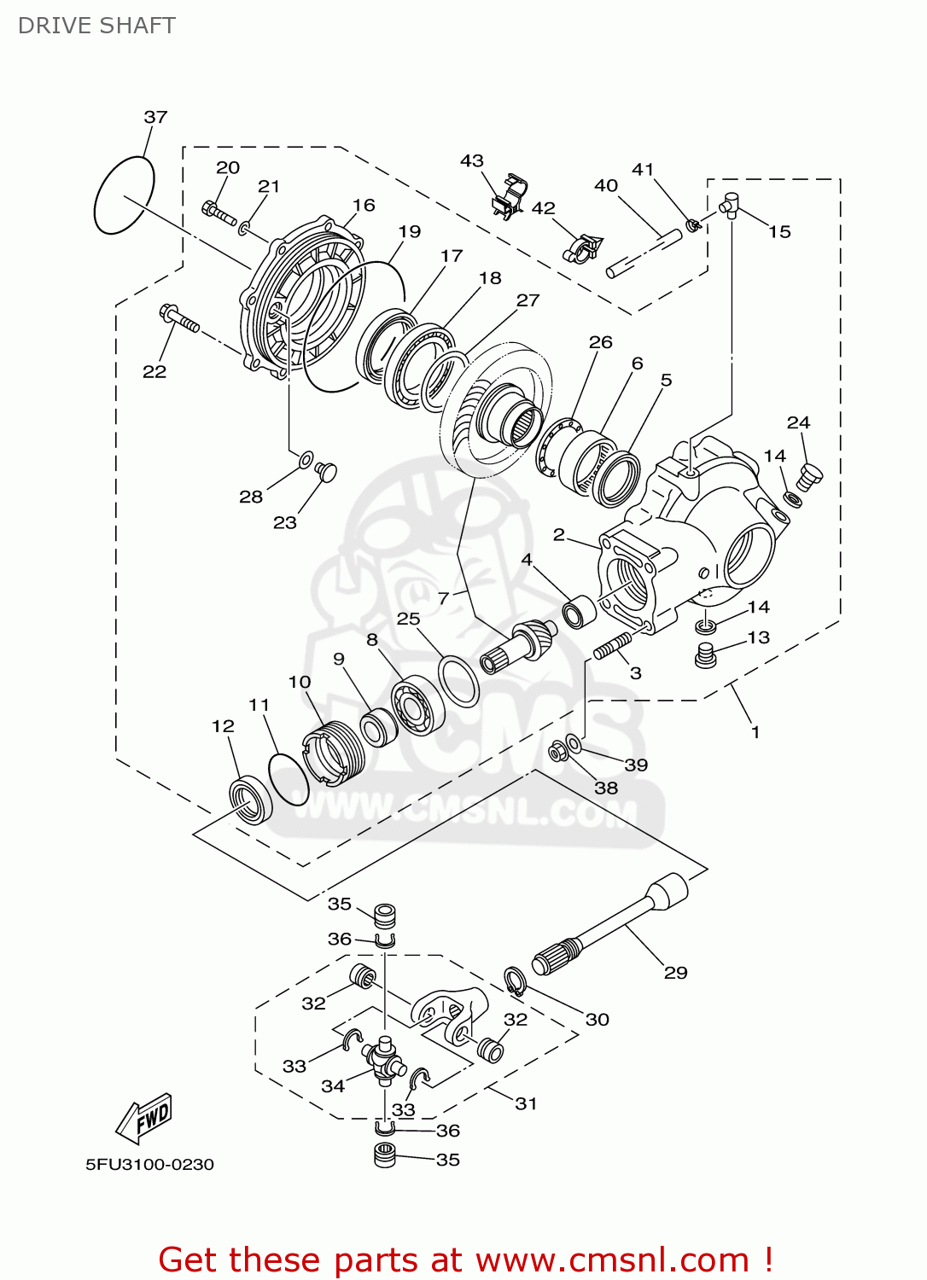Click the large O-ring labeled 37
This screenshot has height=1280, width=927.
click(123, 195)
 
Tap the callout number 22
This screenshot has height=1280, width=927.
click(154, 371)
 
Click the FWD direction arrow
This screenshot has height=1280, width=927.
click(146, 1117)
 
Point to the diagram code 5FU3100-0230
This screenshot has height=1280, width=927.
click(149, 1164)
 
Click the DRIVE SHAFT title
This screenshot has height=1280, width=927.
click(96, 26)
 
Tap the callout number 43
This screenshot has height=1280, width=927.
click(472, 160)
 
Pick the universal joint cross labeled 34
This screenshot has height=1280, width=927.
click(384, 1058)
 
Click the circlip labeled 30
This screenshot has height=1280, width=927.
click(514, 981)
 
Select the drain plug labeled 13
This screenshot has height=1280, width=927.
click(705, 655)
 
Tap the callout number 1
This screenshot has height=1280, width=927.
click(755, 731)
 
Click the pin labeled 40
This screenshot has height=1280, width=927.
click(644, 253)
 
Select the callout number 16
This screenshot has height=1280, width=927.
click(364, 205)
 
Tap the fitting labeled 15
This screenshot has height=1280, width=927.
click(729, 205)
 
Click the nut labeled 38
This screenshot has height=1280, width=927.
click(557, 753)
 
